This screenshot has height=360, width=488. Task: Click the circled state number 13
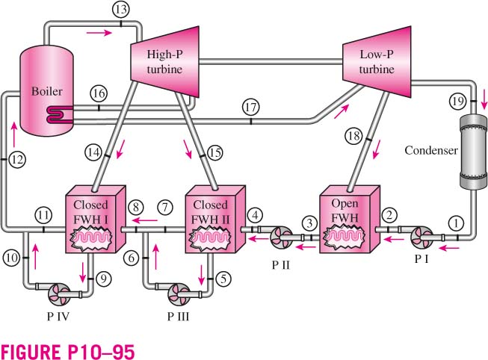click(x=121, y=9)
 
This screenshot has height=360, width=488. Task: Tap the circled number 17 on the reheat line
click(x=250, y=108)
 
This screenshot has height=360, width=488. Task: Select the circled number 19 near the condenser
click(x=458, y=102)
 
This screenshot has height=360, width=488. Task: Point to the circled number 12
click(x=16, y=160)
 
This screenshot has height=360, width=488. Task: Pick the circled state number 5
click(x=223, y=279)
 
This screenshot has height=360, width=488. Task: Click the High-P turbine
click(x=164, y=61)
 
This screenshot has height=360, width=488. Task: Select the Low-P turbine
click(x=377, y=61)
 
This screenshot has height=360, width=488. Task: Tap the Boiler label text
click(x=46, y=91)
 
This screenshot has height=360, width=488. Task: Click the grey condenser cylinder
click(x=473, y=152)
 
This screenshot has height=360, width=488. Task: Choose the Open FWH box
click(x=350, y=220)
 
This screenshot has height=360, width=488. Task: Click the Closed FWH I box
click(x=95, y=220)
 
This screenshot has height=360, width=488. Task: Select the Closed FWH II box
click(x=215, y=220)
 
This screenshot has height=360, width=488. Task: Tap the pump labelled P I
click(x=421, y=238)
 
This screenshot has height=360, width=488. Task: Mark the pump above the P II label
click(x=281, y=238)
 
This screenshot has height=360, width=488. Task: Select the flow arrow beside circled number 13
click(x=99, y=33)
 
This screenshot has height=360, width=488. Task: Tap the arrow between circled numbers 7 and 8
click(x=144, y=220)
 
